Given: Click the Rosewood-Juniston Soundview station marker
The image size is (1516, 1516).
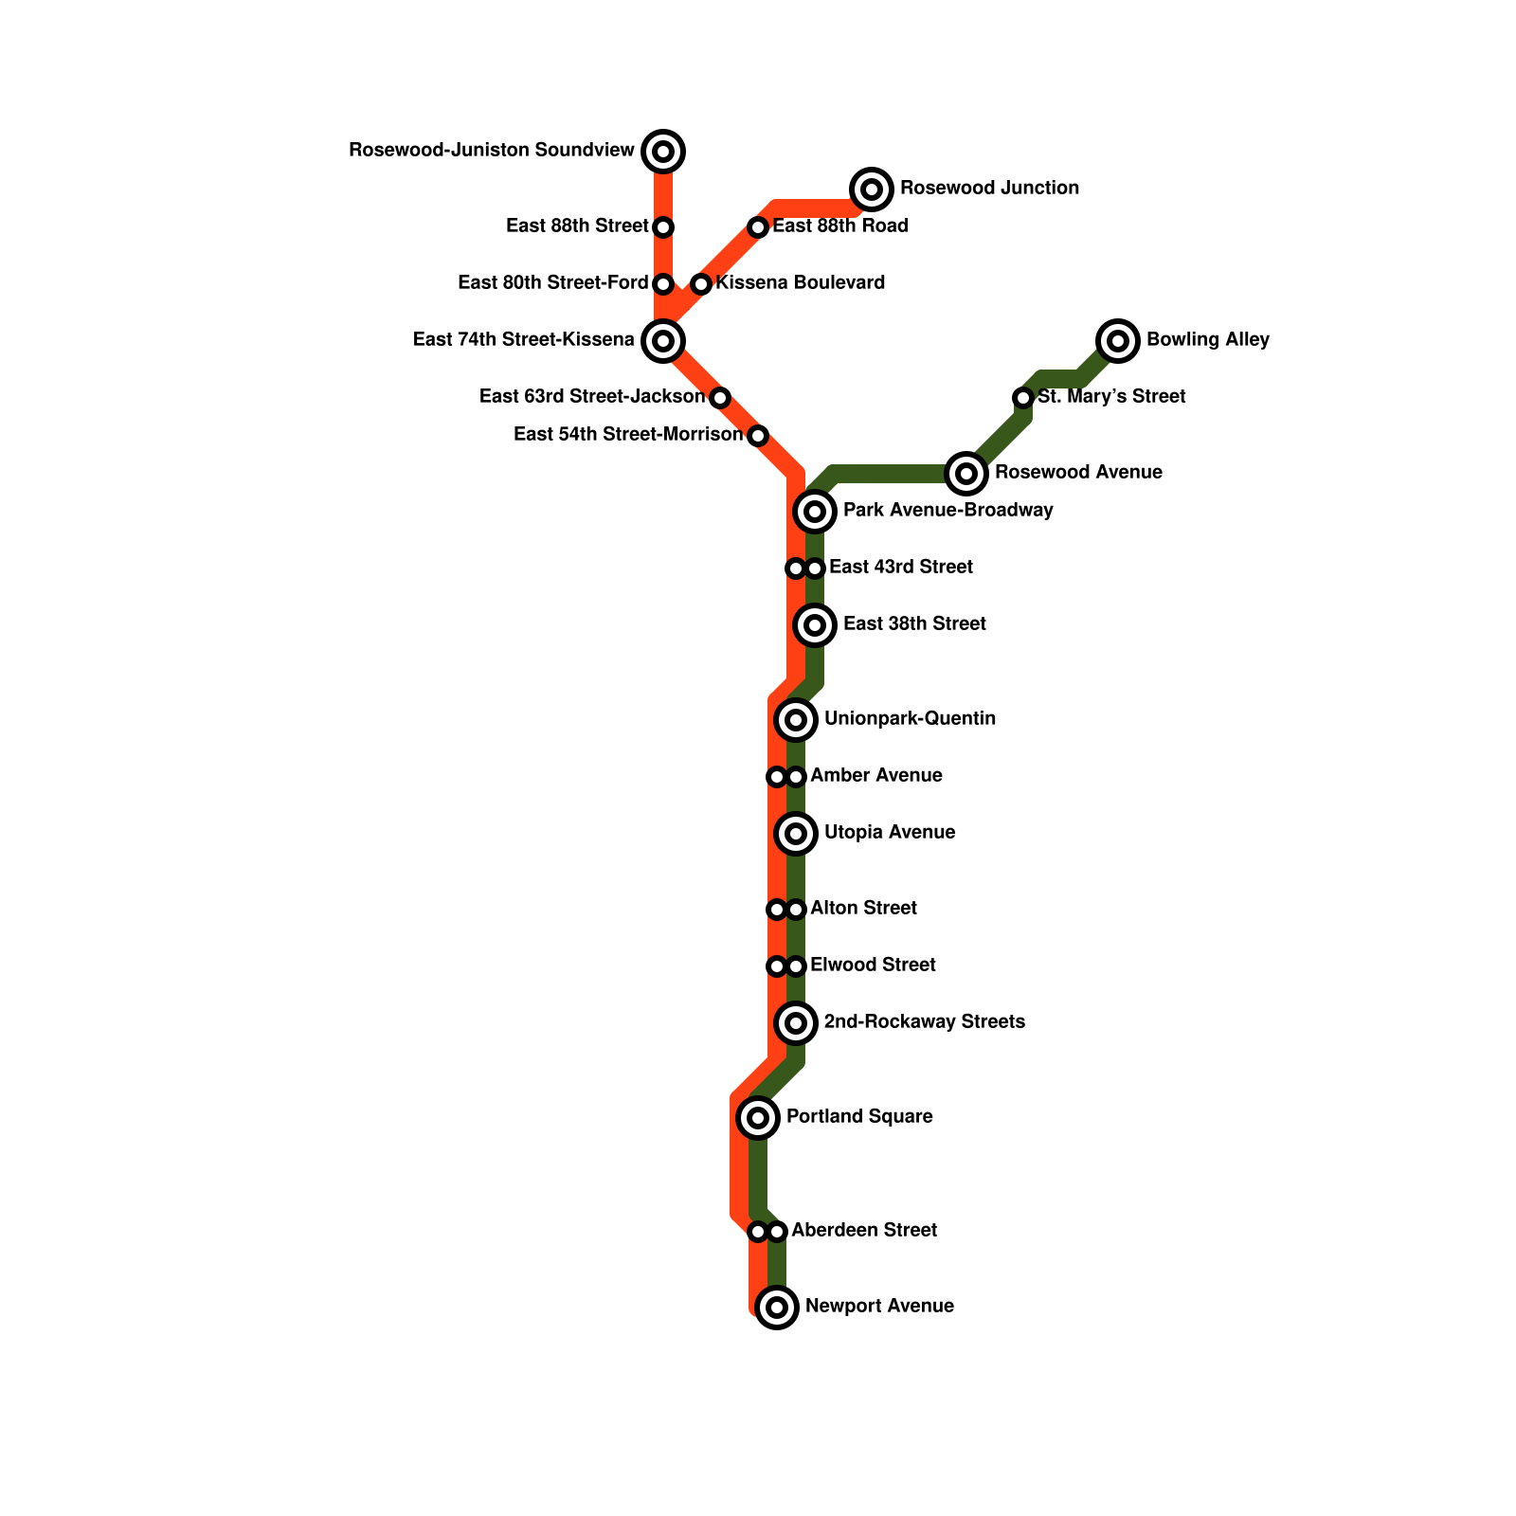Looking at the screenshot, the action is coord(663,152).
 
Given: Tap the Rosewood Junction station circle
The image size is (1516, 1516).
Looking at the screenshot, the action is coord(872,189).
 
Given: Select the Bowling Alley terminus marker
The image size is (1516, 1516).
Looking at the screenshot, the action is coord(1118,341).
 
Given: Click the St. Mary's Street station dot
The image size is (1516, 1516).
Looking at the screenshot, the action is coord(1023,398).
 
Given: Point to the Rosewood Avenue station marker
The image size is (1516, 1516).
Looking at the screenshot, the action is coord(966,473).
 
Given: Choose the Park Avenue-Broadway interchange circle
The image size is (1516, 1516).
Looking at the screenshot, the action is coord(815,512).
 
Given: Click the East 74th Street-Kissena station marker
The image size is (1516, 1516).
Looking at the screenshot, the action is coord(663,341).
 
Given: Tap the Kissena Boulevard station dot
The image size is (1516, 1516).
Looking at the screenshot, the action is coord(701,284).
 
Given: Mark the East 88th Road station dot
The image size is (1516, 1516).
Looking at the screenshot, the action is coord(758,227).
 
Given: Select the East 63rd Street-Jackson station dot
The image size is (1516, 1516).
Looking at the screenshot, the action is coord(720,398).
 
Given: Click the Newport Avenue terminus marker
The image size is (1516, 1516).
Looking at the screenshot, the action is coord(777,1308).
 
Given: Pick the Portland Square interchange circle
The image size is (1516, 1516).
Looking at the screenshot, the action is coord(758,1118).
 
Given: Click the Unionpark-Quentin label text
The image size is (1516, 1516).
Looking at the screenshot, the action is coord(910,719).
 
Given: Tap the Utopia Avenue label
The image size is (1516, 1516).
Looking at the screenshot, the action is coord(890,833).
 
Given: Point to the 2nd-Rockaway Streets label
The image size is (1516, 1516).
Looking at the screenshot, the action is coord(924,1022).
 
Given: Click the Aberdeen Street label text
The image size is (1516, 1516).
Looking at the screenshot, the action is coord(864,1231).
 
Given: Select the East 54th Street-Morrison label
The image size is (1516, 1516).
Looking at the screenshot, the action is coord(628,435).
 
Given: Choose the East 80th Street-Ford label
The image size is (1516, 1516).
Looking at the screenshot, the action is coord(552,283).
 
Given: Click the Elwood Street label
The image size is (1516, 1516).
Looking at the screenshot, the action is coord(873,966).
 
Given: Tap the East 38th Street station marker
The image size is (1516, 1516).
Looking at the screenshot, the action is coord(815,625).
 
